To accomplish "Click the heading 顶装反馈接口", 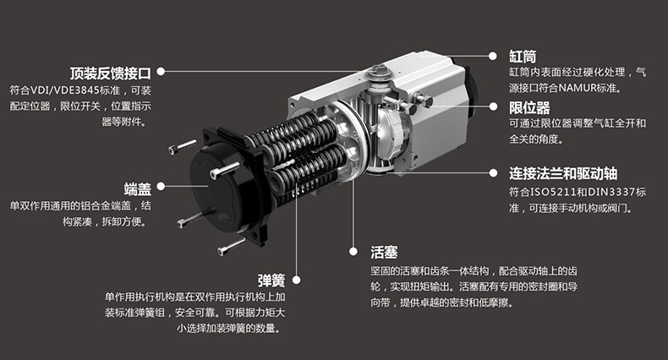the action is (x=110, y=74).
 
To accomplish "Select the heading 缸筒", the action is (x=523, y=57).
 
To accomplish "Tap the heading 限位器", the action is (x=529, y=107).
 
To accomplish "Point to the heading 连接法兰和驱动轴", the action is (x=563, y=173).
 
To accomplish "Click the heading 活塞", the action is (x=384, y=253).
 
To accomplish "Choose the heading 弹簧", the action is (x=271, y=281).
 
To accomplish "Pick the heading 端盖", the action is (x=138, y=189).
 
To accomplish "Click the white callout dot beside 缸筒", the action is (x=493, y=56).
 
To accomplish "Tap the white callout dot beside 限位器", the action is (x=493, y=106).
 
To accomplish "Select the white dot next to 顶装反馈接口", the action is (x=161, y=72).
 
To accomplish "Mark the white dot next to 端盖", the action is (x=161, y=186).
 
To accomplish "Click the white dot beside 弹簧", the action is (x=296, y=280).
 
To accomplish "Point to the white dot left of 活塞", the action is (x=353, y=252).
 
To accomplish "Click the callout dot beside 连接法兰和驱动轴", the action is (x=493, y=172).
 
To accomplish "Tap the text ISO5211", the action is (x=548, y=192).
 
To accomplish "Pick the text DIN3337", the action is (x=616, y=192).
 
